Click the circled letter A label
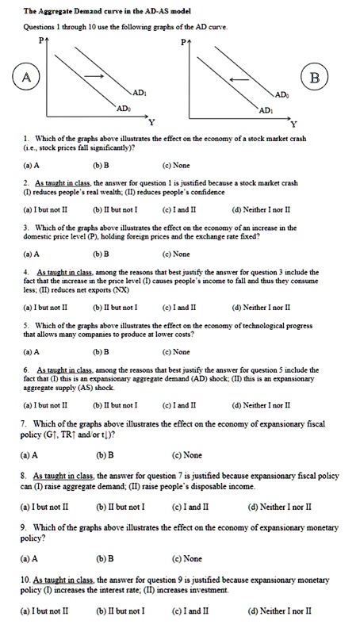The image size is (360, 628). pyautogui.click(x=26, y=77)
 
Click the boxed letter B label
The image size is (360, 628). pyautogui.click(x=315, y=78)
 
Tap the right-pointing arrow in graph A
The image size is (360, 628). pyautogui.click(x=96, y=76)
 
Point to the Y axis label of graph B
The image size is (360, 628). pyautogui.click(x=293, y=125)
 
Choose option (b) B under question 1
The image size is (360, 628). pyautogui.click(x=101, y=166)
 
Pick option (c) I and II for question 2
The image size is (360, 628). pyautogui.click(x=177, y=209)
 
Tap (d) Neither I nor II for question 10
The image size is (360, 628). pyautogui.click(x=279, y=611)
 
